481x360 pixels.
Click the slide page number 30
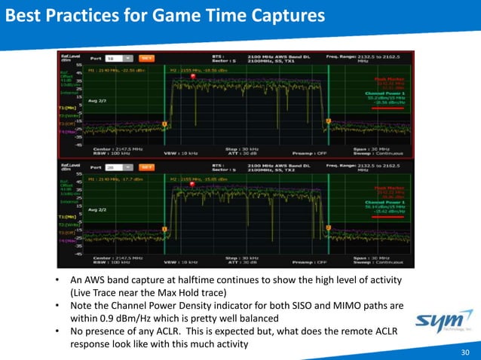[465, 351]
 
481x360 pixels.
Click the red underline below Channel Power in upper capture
[385, 108]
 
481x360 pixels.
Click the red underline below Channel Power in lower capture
[385, 218]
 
